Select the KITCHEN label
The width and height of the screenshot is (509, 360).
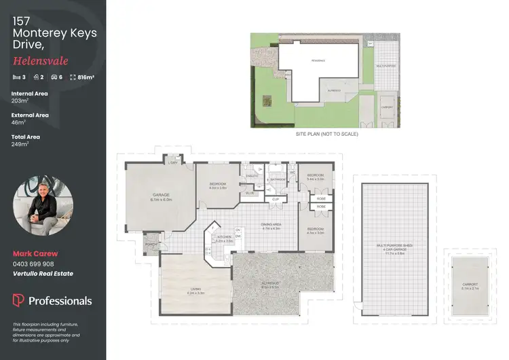pos(224,238)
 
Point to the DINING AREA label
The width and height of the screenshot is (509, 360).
pos(271,226)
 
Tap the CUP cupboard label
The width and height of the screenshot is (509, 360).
pos(275,199)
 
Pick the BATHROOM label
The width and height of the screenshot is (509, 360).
pos(276,180)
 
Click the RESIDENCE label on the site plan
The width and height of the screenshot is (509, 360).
pos(318,61)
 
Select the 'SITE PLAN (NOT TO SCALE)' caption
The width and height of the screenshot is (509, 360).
pos(326,134)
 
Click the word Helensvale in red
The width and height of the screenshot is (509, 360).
pos(35,61)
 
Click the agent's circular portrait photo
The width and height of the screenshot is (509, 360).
pos(40,203)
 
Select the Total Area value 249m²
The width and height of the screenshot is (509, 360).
pos(20,144)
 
